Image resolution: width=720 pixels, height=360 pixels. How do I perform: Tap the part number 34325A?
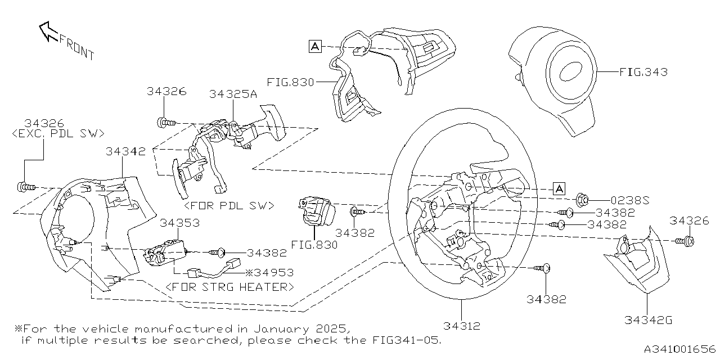233,94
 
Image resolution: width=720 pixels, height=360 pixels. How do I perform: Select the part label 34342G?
648,321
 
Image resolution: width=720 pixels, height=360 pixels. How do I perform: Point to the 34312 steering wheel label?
461,326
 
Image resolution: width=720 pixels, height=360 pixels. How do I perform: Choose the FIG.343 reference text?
643,72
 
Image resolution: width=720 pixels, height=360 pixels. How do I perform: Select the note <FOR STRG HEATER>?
230,287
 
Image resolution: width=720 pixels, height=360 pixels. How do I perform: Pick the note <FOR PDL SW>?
229,206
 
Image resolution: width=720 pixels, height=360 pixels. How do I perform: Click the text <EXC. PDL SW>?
58,134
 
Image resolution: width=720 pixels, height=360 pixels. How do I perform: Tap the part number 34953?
273,273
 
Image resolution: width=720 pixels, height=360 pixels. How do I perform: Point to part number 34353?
179,223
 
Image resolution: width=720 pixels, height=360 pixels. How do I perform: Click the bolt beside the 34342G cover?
686,241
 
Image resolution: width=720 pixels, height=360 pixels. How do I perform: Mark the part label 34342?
125,151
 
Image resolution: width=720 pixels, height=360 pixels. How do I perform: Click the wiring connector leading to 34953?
232,265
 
